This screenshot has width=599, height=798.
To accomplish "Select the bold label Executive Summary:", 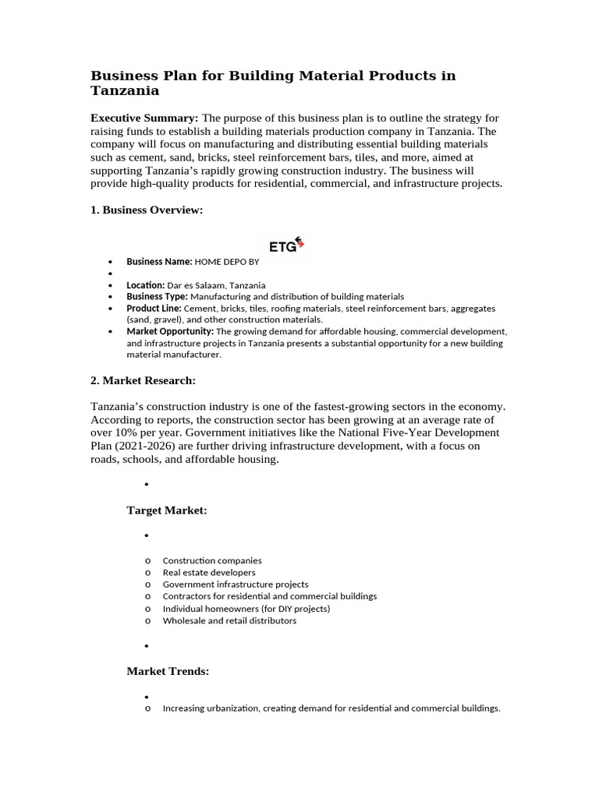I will pos(144,118).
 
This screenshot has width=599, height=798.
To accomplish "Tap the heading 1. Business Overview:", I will pos(147,211).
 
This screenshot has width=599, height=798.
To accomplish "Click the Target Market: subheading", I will pos(167,510).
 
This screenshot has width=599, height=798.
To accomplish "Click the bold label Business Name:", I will pos(159,262).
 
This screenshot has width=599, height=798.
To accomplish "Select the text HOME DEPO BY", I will pos(226,262).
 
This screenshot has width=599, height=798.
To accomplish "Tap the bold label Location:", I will pos(145,285).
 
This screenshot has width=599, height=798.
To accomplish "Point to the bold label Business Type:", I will pos(157,297).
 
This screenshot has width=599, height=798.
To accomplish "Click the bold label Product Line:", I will pos(154,309).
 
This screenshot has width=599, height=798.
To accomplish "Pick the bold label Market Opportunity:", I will pos(170,331).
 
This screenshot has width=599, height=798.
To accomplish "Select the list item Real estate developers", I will pos(208,572).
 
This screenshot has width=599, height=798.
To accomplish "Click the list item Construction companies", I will pos(212,560).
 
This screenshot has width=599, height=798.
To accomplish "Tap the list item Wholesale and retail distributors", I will pos(229,621).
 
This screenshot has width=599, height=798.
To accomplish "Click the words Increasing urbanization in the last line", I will pos(211,708).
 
